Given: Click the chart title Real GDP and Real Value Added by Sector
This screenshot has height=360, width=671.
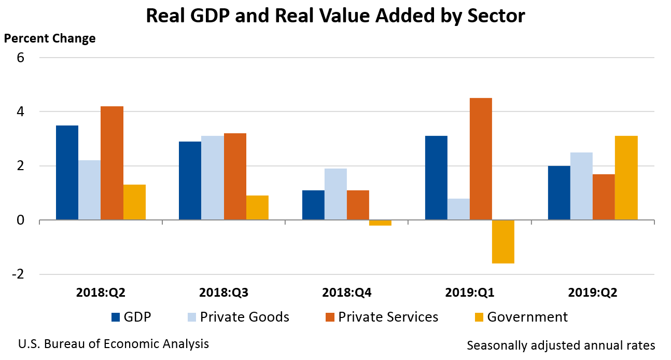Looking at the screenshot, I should point(335,16).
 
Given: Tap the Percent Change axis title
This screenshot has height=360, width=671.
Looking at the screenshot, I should point(50,39).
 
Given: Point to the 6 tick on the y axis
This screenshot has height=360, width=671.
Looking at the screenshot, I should point(21,58).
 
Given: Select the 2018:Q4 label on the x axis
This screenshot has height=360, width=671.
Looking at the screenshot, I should point(346,293).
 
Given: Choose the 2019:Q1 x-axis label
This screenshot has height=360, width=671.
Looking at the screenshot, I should point(469,293).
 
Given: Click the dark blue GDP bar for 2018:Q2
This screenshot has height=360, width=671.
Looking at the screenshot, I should point(67,173).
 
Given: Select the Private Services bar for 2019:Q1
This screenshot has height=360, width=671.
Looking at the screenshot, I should point(481,159).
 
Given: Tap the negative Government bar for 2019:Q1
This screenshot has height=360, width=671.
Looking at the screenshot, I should point(503,242).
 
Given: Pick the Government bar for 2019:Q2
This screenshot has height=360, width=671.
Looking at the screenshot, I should point(626,178).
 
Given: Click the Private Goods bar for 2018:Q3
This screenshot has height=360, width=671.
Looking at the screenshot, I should point(213,178).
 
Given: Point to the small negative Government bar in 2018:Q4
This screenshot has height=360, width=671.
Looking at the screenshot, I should point(380,223).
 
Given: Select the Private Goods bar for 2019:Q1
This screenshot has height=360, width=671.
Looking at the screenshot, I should point(458,210).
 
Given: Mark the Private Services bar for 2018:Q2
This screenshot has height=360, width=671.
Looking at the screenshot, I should point(112,163).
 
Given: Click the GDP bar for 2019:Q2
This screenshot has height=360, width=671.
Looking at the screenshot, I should point(559,193).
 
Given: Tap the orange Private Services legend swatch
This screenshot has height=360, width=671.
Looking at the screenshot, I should point(329,317).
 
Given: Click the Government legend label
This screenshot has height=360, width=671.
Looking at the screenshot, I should point(527,317).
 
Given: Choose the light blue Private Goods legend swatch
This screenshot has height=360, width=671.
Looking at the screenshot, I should point(191,317).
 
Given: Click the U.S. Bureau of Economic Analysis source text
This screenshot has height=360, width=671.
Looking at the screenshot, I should point(114,344).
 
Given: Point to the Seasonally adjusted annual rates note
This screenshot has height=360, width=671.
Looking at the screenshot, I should point(561,345).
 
